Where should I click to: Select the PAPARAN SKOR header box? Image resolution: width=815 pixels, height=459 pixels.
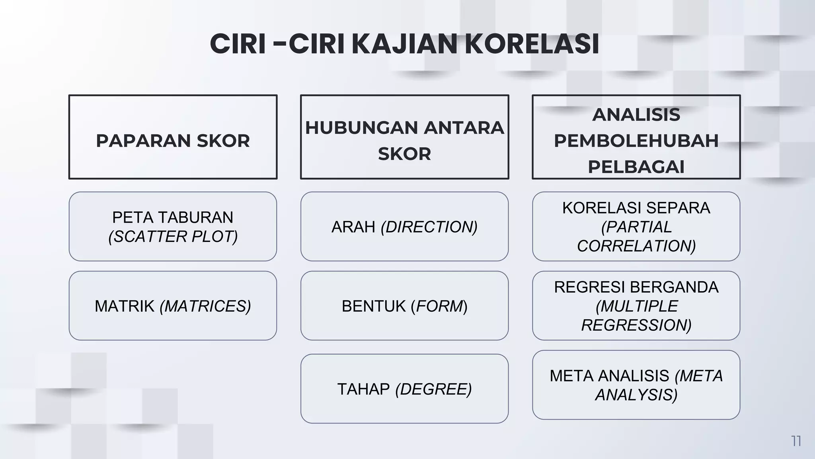click(173, 137)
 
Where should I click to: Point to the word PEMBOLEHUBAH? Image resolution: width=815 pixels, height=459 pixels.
click(636, 141)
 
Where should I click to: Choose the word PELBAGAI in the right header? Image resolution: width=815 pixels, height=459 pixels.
click(636, 167)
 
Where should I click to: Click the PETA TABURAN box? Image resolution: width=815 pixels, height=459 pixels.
click(173, 226)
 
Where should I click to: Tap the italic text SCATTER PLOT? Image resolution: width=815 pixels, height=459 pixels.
click(173, 236)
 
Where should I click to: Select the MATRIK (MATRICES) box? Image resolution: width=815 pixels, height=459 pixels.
click(173, 306)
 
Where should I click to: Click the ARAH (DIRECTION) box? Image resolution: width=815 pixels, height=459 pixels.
click(404, 226)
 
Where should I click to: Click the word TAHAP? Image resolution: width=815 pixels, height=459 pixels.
click(363, 389)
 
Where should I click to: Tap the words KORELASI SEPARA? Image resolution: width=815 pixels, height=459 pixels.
click(636, 208)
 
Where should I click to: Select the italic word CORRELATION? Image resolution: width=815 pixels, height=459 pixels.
click(636, 246)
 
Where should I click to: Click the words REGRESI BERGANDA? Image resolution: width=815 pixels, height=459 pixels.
click(636, 287)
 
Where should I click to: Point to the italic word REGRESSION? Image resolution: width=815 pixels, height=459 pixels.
click(636, 325)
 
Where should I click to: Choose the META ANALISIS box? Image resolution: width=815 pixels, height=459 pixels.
click(636, 384)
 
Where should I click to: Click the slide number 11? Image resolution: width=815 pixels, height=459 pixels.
click(796, 441)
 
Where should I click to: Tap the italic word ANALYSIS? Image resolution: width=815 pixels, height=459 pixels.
click(636, 395)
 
